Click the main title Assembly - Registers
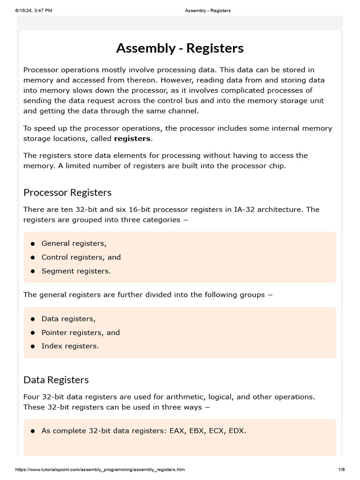coord(180,48)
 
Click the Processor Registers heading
coord(67,193)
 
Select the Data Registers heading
coord(56,380)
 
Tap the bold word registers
coord(132,139)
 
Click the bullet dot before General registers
coord(33,244)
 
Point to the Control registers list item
coord(81,257)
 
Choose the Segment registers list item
coord(76,271)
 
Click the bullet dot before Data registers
coord(33,319)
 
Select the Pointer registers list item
coord(81,333)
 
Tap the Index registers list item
coord(70,346)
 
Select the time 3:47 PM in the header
coord(45,10)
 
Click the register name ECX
coord(216,431)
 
